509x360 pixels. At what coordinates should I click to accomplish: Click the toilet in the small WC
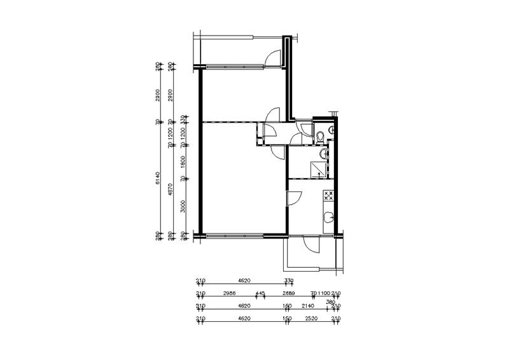[x=320, y=135]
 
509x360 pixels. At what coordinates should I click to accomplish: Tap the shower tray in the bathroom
[x=318, y=169]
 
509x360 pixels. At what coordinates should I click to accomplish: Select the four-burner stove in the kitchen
[x=329, y=195]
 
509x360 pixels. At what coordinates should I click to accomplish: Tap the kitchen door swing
[x=293, y=198]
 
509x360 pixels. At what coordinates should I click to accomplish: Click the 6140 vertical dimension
[x=157, y=180]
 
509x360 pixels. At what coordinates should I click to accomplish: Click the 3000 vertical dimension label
[x=183, y=206]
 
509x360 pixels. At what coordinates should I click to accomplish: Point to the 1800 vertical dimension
[x=183, y=162]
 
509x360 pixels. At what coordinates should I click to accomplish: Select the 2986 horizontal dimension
[x=230, y=293]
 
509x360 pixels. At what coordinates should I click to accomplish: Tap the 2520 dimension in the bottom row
[x=311, y=318]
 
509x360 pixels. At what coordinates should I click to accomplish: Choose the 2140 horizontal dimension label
[x=309, y=306]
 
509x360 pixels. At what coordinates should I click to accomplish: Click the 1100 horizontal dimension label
[x=324, y=293]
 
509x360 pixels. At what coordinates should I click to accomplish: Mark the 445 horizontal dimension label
[x=260, y=293]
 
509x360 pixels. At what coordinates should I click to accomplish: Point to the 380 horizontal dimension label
[x=330, y=301]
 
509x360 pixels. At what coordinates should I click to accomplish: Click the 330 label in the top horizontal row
[x=289, y=280]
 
